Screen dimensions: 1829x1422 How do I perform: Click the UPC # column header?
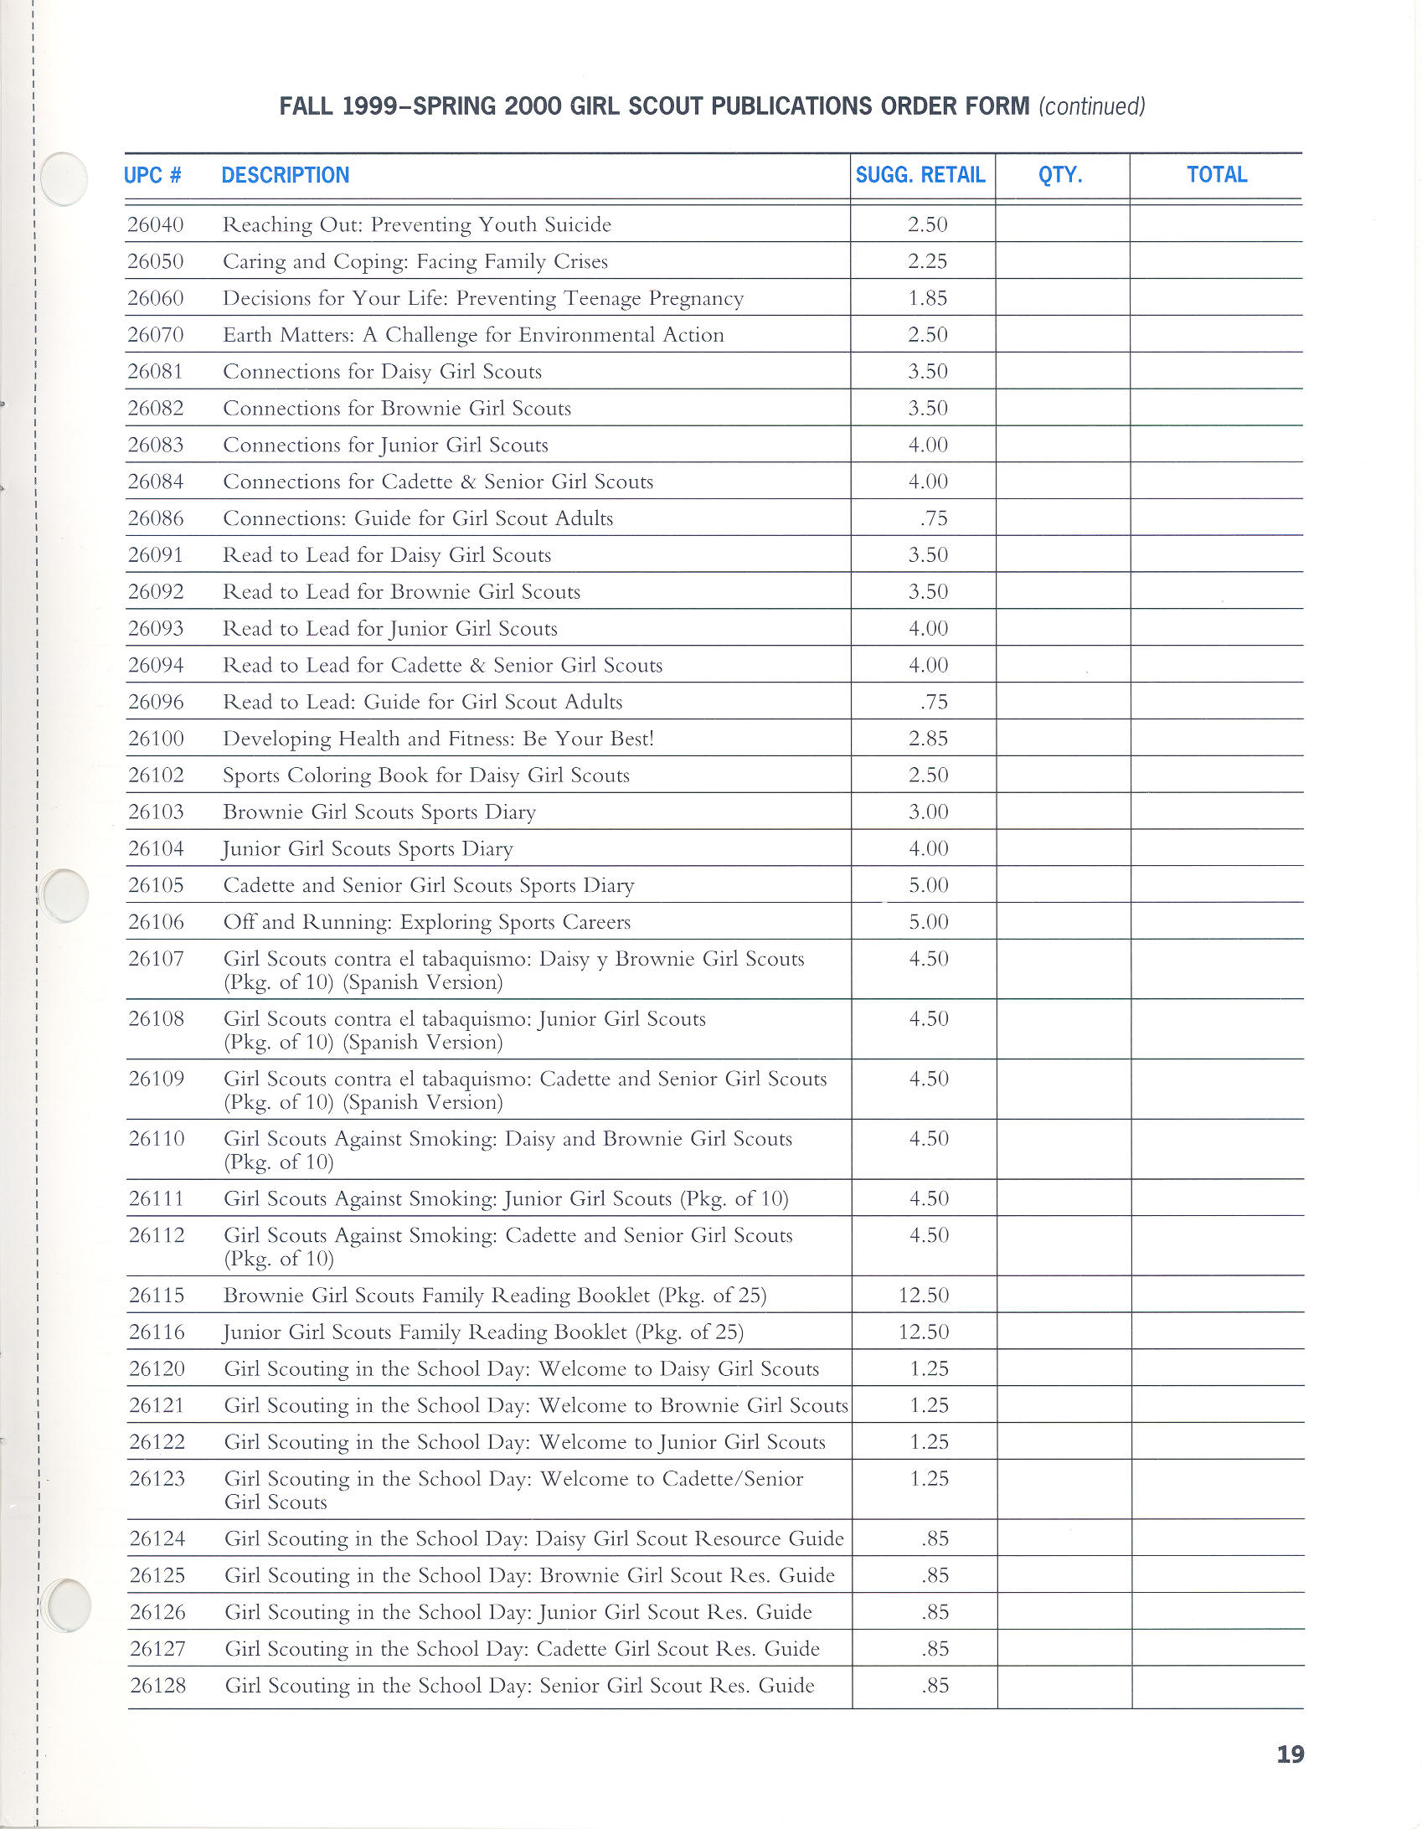point(152,175)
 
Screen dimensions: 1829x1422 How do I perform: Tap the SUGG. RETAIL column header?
point(920,175)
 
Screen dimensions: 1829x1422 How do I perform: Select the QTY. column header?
point(1060,175)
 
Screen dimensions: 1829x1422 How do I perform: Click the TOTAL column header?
point(1217,175)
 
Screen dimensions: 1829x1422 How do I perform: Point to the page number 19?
point(1290,1754)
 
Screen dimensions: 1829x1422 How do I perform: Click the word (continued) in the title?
point(1091,106)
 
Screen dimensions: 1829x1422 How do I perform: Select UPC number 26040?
point(156,224)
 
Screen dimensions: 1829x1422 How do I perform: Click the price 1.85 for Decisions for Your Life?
point(928,298)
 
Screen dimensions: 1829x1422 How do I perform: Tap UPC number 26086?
point(156,518)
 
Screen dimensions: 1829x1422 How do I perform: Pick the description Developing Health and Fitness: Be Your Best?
point(438,739)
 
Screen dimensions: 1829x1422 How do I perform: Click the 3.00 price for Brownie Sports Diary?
point(928,811)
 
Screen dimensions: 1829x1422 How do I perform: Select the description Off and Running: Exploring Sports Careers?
point(426,922)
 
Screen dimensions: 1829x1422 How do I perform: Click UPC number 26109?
point(157,1079)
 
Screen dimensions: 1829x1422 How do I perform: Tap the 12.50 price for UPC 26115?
point(924,1296)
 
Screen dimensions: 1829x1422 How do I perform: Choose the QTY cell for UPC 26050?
point(1063,261)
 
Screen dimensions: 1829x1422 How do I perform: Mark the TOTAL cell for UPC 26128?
point(1217,1686)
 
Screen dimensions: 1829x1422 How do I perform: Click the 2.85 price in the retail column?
point(928,739)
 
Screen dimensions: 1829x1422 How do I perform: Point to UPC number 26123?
point(157,1479)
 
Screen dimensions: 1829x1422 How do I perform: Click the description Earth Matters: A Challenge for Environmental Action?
point(473,335)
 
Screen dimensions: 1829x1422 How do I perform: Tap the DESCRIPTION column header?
point(285,175)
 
